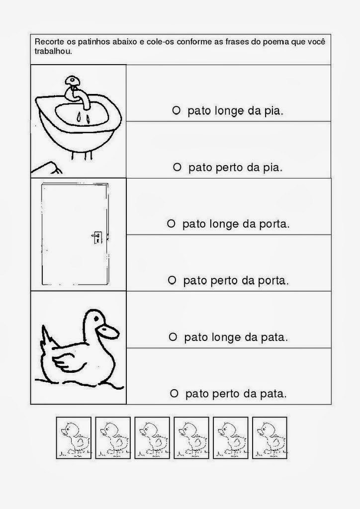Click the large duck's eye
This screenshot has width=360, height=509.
click(95, 321)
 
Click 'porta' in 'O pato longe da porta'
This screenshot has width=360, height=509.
click(274, 224)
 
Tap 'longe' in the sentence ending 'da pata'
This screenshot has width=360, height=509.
click(221, 338)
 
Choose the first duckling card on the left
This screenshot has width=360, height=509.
click(74, 437)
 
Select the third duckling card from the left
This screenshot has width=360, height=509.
click(152, 437)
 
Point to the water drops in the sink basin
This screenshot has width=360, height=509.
click(82, 117)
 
